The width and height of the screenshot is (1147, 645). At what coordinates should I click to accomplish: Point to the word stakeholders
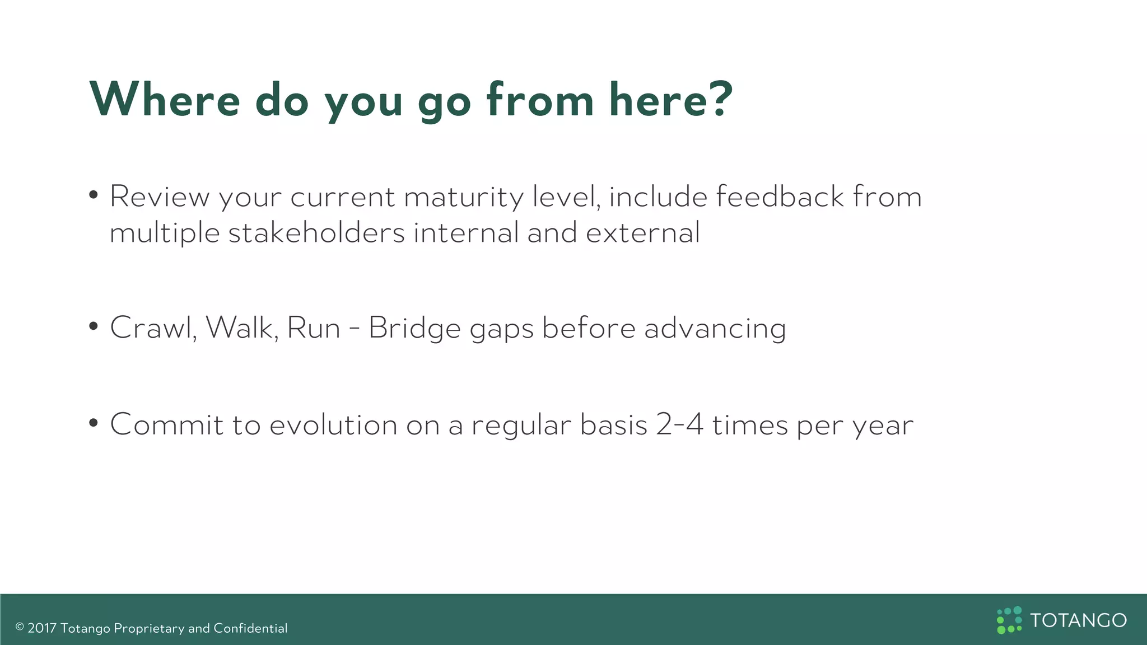coord(316,232)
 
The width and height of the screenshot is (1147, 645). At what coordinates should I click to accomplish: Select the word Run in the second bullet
coord(314,328)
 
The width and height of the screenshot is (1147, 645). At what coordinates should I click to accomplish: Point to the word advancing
coord(715,329)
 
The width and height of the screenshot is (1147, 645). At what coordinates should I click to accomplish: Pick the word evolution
coord(333,424)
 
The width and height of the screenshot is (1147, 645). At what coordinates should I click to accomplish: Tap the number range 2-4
coord(679,424)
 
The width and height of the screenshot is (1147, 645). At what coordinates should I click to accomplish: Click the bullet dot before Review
coord(94,195)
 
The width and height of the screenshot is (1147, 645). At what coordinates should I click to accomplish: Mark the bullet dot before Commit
coord(94,423)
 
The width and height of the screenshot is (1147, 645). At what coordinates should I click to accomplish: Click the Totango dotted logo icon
coord(1009,620)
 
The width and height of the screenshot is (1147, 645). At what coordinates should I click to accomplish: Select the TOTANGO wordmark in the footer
coord(1078,620)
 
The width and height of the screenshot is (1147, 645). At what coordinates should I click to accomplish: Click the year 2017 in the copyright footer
coord(42,628)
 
